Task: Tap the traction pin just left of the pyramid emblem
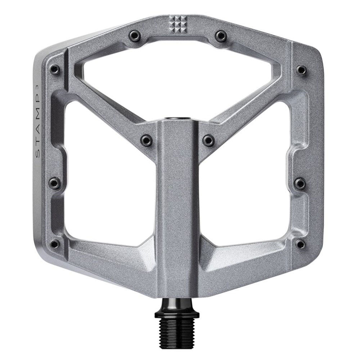134,35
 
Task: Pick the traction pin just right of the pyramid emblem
220,35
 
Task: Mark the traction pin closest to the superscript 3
54,68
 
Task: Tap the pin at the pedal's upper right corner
301,68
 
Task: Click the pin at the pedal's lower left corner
54,243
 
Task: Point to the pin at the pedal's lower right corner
301,243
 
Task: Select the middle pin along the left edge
54,182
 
